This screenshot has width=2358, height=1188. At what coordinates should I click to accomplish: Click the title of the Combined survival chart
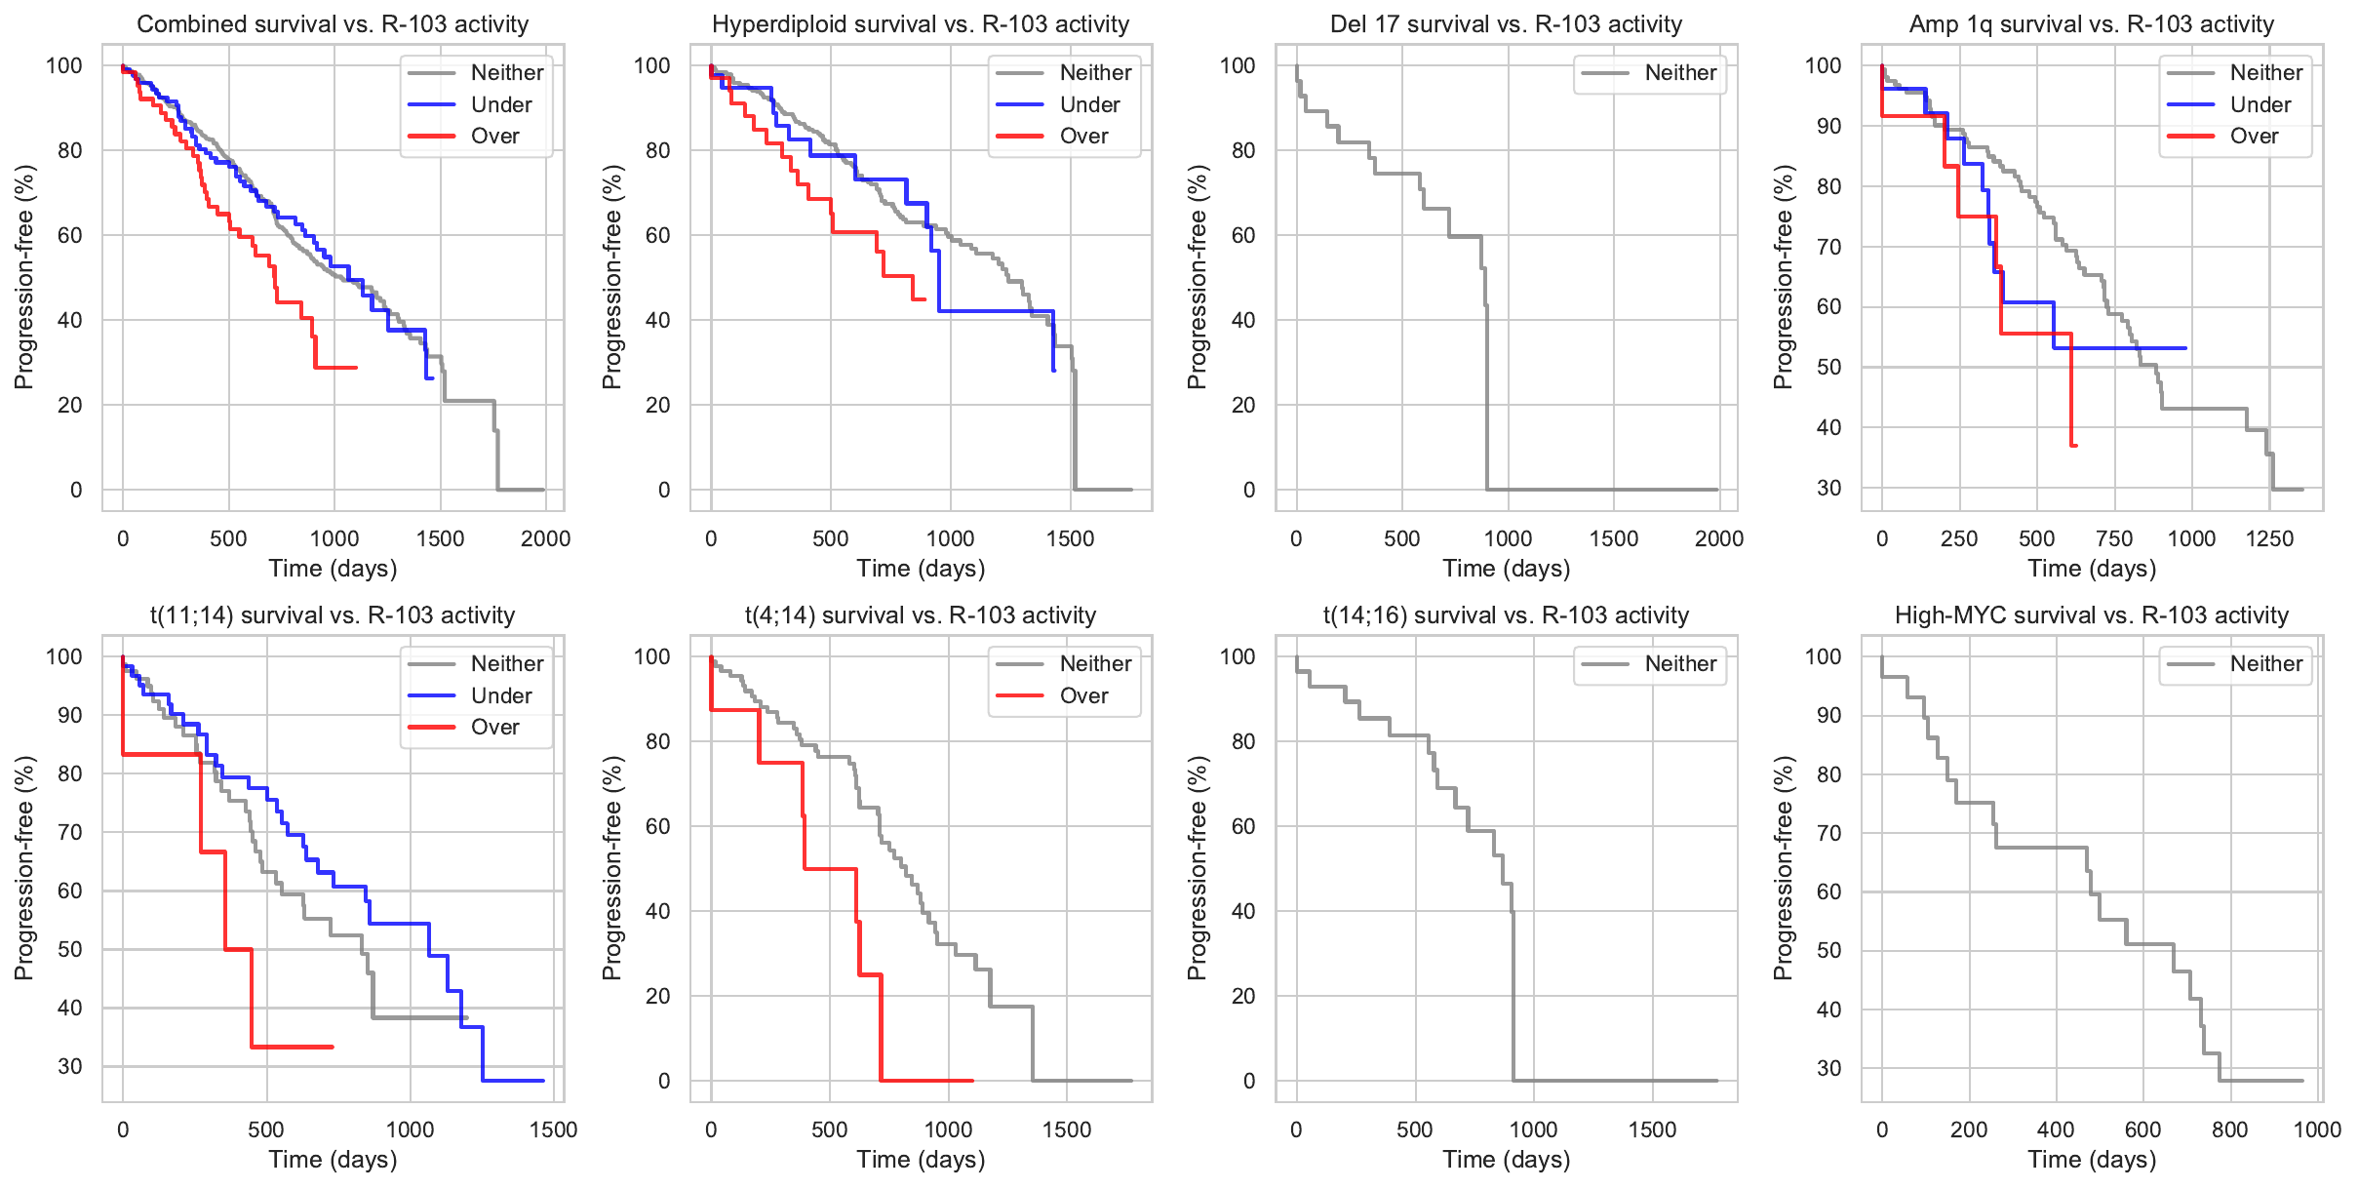point(333,24)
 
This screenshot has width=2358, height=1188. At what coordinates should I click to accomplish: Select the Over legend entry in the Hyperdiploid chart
point(1083,137)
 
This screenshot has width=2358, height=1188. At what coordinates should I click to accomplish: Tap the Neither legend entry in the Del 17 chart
point(1680,73)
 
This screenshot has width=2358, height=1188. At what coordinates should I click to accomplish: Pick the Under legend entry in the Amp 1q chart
point(2260,105)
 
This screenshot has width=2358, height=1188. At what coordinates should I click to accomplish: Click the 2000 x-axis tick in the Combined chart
point(545,538)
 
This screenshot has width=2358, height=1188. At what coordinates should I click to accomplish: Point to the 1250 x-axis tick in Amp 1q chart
point(2269,538)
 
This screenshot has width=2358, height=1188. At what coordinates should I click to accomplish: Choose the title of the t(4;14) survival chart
point(921,615)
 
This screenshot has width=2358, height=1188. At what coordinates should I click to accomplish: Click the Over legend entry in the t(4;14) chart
point(1083,696)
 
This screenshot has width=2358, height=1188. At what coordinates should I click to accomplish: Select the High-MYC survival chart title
point(2092,615)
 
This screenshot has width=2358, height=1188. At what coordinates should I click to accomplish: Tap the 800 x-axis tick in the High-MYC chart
point(2230,1129)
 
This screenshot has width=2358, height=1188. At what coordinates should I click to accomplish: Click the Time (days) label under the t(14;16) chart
point(1507,1160)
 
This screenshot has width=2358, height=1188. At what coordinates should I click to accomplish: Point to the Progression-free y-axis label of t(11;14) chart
point(24,868)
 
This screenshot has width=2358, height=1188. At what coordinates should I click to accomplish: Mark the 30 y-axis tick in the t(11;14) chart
point(70,1066)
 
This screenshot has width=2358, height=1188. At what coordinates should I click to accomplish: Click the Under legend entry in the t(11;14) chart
point(501,696)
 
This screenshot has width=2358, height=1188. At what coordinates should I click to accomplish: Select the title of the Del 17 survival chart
point(1507,24)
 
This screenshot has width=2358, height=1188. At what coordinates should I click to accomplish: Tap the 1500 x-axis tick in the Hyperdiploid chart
point(1070,538)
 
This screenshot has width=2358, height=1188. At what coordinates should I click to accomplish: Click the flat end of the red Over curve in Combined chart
point(336,368)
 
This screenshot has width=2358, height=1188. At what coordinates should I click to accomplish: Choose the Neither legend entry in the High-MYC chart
point(2265,664)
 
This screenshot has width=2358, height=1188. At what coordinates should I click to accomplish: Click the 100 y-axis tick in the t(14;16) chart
point(1238,656)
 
